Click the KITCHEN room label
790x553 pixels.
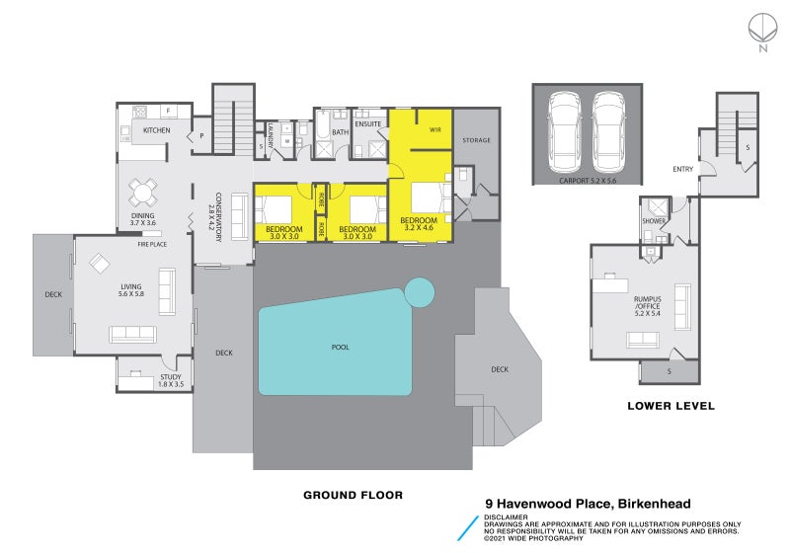tap(156, 130)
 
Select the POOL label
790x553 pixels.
tap(340, 347)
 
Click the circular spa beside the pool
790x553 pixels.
tap(420, 291)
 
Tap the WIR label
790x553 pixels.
tap(434, 130)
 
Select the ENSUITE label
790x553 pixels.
tap(368, 124)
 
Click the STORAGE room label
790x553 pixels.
tap(476, 141)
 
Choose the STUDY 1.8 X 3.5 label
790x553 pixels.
tap(171, 379)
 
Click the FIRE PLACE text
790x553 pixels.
tap(151, 243)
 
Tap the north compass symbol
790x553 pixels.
tap(760, 28)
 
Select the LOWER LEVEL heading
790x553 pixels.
tap(671, 406)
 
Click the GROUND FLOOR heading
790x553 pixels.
tap(353, 495)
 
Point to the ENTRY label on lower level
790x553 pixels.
tap(682, 169)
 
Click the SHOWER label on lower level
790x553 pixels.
tap(653, 221)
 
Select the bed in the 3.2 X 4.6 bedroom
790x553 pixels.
tap(428, 200)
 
